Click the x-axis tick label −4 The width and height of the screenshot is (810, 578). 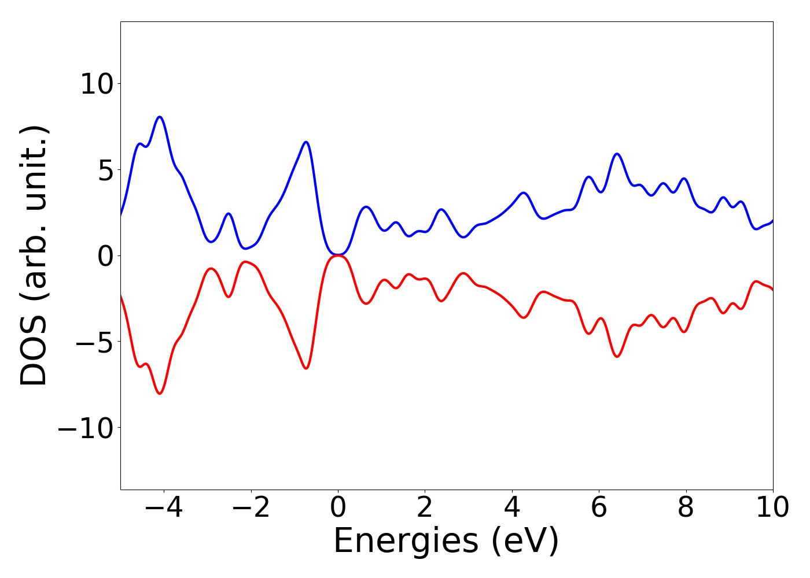[x=164, y=509]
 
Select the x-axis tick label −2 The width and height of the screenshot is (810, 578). [x=251, y=509]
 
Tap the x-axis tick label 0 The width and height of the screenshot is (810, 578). [x=338, y=509]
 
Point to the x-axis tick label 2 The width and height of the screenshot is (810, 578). [x=425, y=509]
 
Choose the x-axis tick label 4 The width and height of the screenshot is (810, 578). [x=511, y=509]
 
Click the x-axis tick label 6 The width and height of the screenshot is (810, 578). [x=599, y=509]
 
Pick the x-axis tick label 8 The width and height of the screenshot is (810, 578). [x=686, y=509]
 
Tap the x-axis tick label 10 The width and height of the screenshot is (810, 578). [x=772, y=509]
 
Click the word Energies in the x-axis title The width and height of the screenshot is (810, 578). [x=405, y=542]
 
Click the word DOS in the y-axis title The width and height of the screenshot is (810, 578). [x=33, y=358]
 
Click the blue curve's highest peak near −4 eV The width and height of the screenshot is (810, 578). [x=160, y=117]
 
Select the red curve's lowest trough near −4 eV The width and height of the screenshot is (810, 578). [x=160, y=394]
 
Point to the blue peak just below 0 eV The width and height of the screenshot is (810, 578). [x=306, y=142]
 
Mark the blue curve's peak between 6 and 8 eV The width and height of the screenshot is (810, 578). [x=617, y=154]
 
